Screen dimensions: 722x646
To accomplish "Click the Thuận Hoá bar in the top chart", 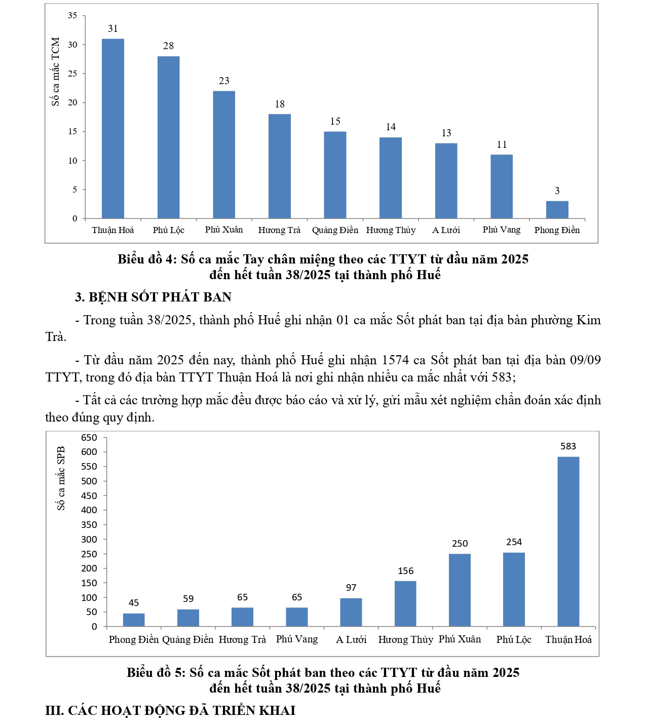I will pos(113,129).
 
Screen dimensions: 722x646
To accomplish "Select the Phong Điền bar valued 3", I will pos(557,210).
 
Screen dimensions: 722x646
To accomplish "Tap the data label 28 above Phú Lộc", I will pos(168,46).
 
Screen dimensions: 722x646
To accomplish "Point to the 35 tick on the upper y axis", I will pos(73,16).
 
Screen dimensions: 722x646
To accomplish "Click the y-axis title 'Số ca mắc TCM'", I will pos(56,71).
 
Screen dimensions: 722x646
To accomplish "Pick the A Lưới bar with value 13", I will pos(446,181).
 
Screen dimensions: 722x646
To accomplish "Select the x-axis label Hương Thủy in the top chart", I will pos(391,230).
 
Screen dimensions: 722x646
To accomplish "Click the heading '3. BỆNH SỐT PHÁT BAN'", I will pos(153,297).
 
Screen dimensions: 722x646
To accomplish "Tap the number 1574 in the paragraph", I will pos(395,360).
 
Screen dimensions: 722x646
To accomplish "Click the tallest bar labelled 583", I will pos(568,541).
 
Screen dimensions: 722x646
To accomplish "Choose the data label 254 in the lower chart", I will pos(514,542).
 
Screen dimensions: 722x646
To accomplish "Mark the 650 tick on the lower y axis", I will pos(89,437).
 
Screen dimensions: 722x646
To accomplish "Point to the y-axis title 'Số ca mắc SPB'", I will pos(61,478).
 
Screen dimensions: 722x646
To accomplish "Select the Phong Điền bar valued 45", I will pos(134,620).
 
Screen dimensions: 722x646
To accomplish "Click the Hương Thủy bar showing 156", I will pos(405,603).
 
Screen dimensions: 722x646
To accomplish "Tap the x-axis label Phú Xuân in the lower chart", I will pos(460,639).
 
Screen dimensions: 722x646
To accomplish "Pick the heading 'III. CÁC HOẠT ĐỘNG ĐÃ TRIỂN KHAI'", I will pos(170,710).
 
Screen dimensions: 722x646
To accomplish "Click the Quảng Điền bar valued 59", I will pos(188,618).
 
